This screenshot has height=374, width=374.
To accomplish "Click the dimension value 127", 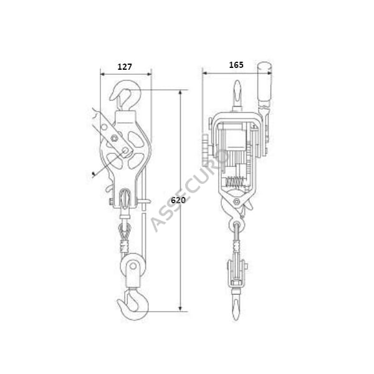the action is [x=125, y=67].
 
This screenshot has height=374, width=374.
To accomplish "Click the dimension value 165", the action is [x=236, y=65].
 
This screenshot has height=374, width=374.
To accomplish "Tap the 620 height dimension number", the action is [x=178, y=200].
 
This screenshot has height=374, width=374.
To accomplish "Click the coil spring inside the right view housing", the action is [x=235, y=182].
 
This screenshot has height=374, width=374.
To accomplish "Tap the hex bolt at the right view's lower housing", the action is [x=237, y=201].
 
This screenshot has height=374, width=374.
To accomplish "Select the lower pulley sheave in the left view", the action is [x=133, y=266].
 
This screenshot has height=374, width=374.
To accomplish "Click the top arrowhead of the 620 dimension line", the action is [x=180, y=92].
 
